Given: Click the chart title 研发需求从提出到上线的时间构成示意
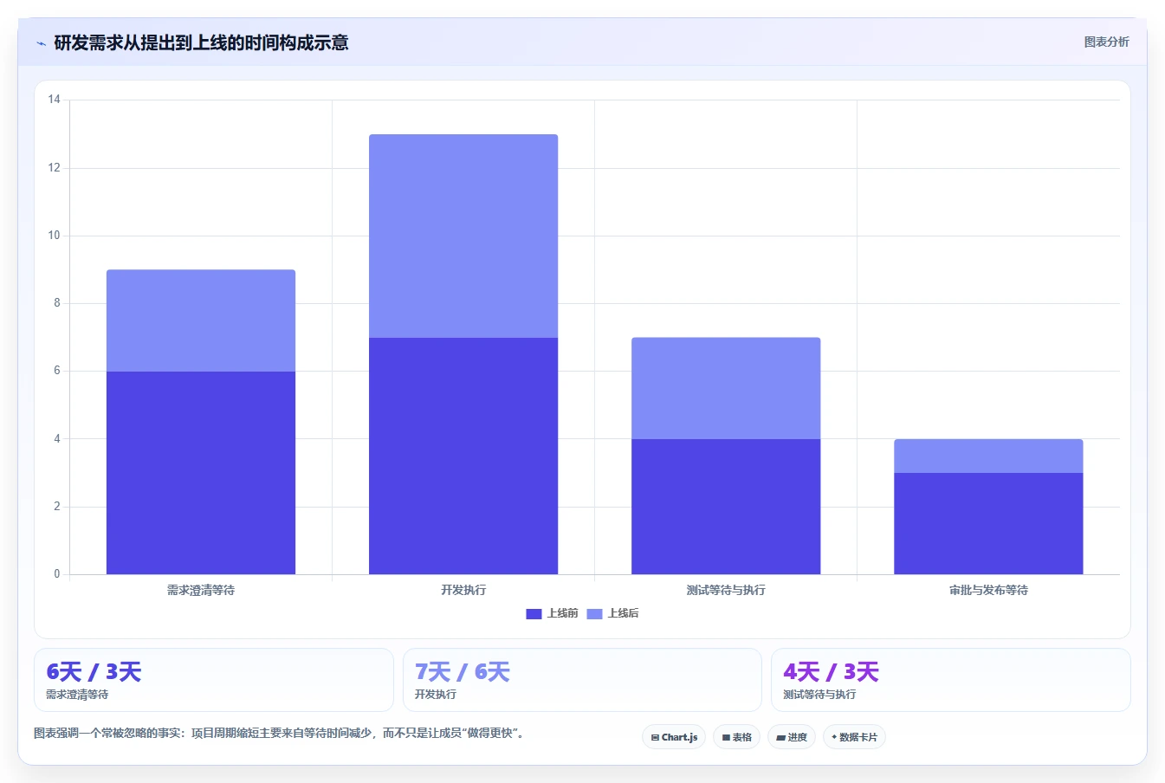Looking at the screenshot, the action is (201, 42).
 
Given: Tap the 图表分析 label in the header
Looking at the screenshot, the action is (1106, 42).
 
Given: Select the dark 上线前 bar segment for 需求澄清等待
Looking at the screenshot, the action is (201, 473).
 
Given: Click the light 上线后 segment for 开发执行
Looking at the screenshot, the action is (463, 236).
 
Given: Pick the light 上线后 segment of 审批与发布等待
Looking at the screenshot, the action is (988, 456).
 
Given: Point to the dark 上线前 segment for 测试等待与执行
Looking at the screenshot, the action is (726, 507).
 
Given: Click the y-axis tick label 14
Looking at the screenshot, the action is (54, 100).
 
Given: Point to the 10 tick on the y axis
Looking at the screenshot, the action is (54, 235).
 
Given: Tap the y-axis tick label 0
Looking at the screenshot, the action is (56, 574).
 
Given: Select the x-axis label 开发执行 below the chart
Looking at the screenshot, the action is (463, 590).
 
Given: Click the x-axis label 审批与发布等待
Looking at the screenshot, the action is (988, 590).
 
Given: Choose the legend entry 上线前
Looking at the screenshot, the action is (552, 613).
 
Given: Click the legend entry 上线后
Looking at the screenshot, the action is (612, 613).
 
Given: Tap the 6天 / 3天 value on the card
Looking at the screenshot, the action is (94, 672).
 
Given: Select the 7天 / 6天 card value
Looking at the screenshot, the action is (463, 672).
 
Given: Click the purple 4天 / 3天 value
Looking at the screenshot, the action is (832, 672).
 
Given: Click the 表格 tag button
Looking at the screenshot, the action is (736, 737).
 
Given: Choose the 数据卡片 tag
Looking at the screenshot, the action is (854, 737).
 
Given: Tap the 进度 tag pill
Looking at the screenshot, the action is (792, 737).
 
